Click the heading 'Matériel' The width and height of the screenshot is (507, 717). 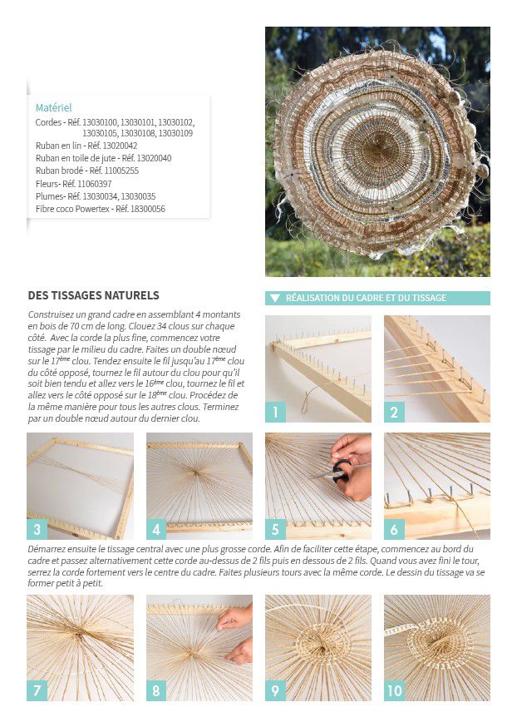pyautogui.click(x=53, y=108)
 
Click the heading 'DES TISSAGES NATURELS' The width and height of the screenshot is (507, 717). pyautogui.click(x=93, y=295)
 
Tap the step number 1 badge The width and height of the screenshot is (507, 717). pyautogui.click(x=275, y=411)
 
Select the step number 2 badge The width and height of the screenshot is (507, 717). pyautogui.click(x=394, y=411)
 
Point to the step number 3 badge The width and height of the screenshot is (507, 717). pyautogui.click(x=37, y=529)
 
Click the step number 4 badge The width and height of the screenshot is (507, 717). pyautogui.click(x=156, y=529)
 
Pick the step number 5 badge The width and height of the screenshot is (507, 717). pyautogui.click(x=275, y=529)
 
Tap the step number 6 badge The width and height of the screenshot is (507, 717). pyautogui.click(x=394, y=529)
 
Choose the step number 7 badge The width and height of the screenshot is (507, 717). pyautogui.click(x=37, y=690)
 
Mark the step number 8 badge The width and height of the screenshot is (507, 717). pyautogui.click(x=156, y=690)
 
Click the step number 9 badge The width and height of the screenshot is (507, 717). pyautogui.click(x=275, y=690)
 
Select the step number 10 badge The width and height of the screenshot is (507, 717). pyautogui.click(x=395, y=690)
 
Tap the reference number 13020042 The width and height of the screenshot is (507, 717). pyautogui.click(x=118, y=146)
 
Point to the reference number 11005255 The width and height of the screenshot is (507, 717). pyautogui.click(x=121, y=171)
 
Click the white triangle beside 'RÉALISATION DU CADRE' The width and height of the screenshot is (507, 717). pyautogui.click(x=274, y=298)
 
